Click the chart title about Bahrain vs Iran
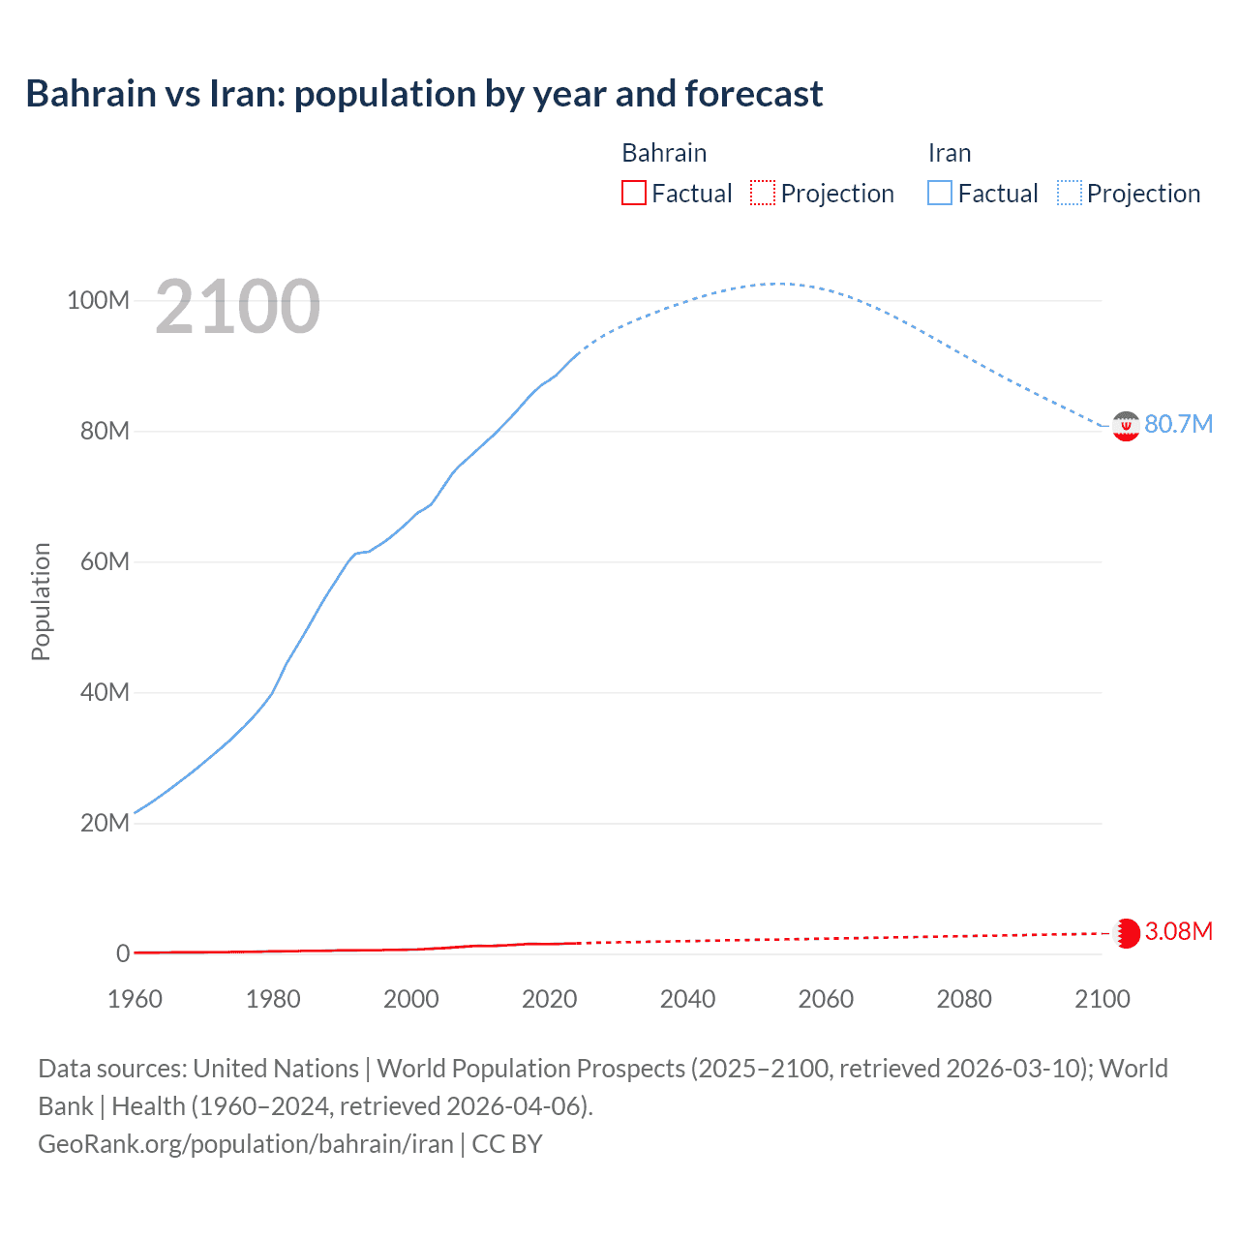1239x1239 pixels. (x=424, y=94)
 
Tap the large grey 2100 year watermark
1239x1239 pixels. (x=237, y=306)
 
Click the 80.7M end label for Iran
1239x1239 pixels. (x=1178, y=425)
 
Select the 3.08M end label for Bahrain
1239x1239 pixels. (x=1178, y=931)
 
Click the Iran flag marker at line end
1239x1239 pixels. (x=1126, y=426)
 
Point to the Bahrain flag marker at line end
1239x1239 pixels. (x=1127, y=933)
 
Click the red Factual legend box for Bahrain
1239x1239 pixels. (x=634, y=194)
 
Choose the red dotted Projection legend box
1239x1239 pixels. (x=763, y=194)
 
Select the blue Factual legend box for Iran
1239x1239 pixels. (x=940, y=194)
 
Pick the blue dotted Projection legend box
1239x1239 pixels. (x=1070, y=194)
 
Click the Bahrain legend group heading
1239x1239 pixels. (x=664, y=153)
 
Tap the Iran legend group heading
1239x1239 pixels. (x=949, y=153)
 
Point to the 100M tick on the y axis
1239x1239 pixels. (x=98, y=300)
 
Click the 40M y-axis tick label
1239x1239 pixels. (x=105, y=692)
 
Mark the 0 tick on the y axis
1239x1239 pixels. (x=123, y=953)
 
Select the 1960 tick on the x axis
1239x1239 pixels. (x=135, y=999)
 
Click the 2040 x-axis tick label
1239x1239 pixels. (x=687, y=999)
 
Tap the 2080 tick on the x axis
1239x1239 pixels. (x=964, y=999)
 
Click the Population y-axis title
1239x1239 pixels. (x=41, y=601)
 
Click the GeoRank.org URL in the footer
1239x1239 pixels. (x=246, y=1144)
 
